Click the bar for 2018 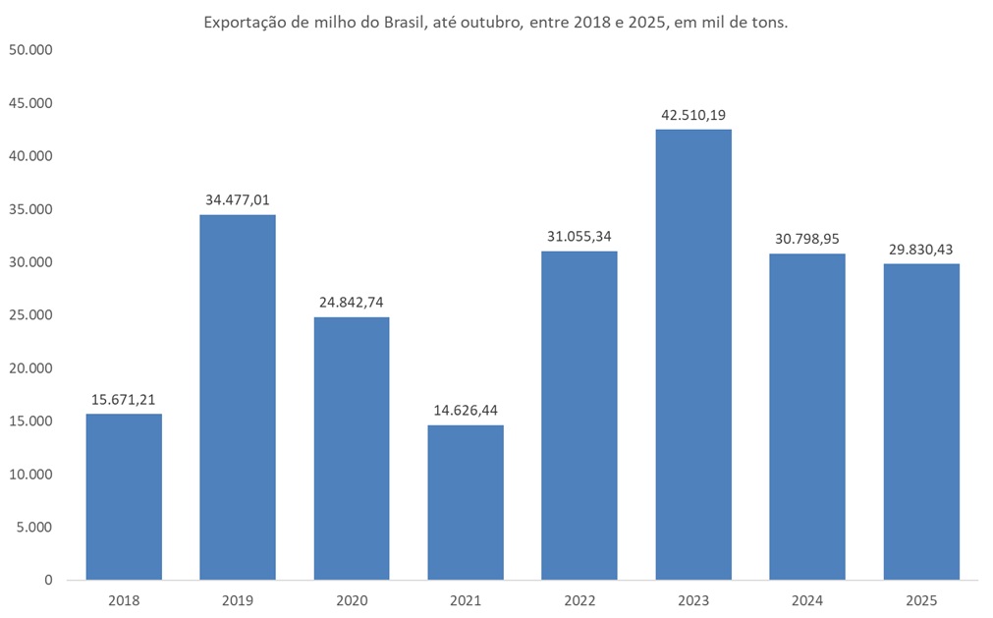point(124,496)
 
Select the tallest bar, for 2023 point(693,354)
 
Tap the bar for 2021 point(466,502)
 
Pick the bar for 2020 point(352,448)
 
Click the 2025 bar point(921,421)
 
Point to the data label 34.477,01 point(238,199)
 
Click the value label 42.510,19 point(693,115)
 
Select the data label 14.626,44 point(466,410)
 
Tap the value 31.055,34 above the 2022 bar point(579,237)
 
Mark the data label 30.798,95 point(807,239)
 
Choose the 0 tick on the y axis point(47,581)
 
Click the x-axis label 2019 point(238,600)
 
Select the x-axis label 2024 point(807,600)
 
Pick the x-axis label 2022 point(579,600)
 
